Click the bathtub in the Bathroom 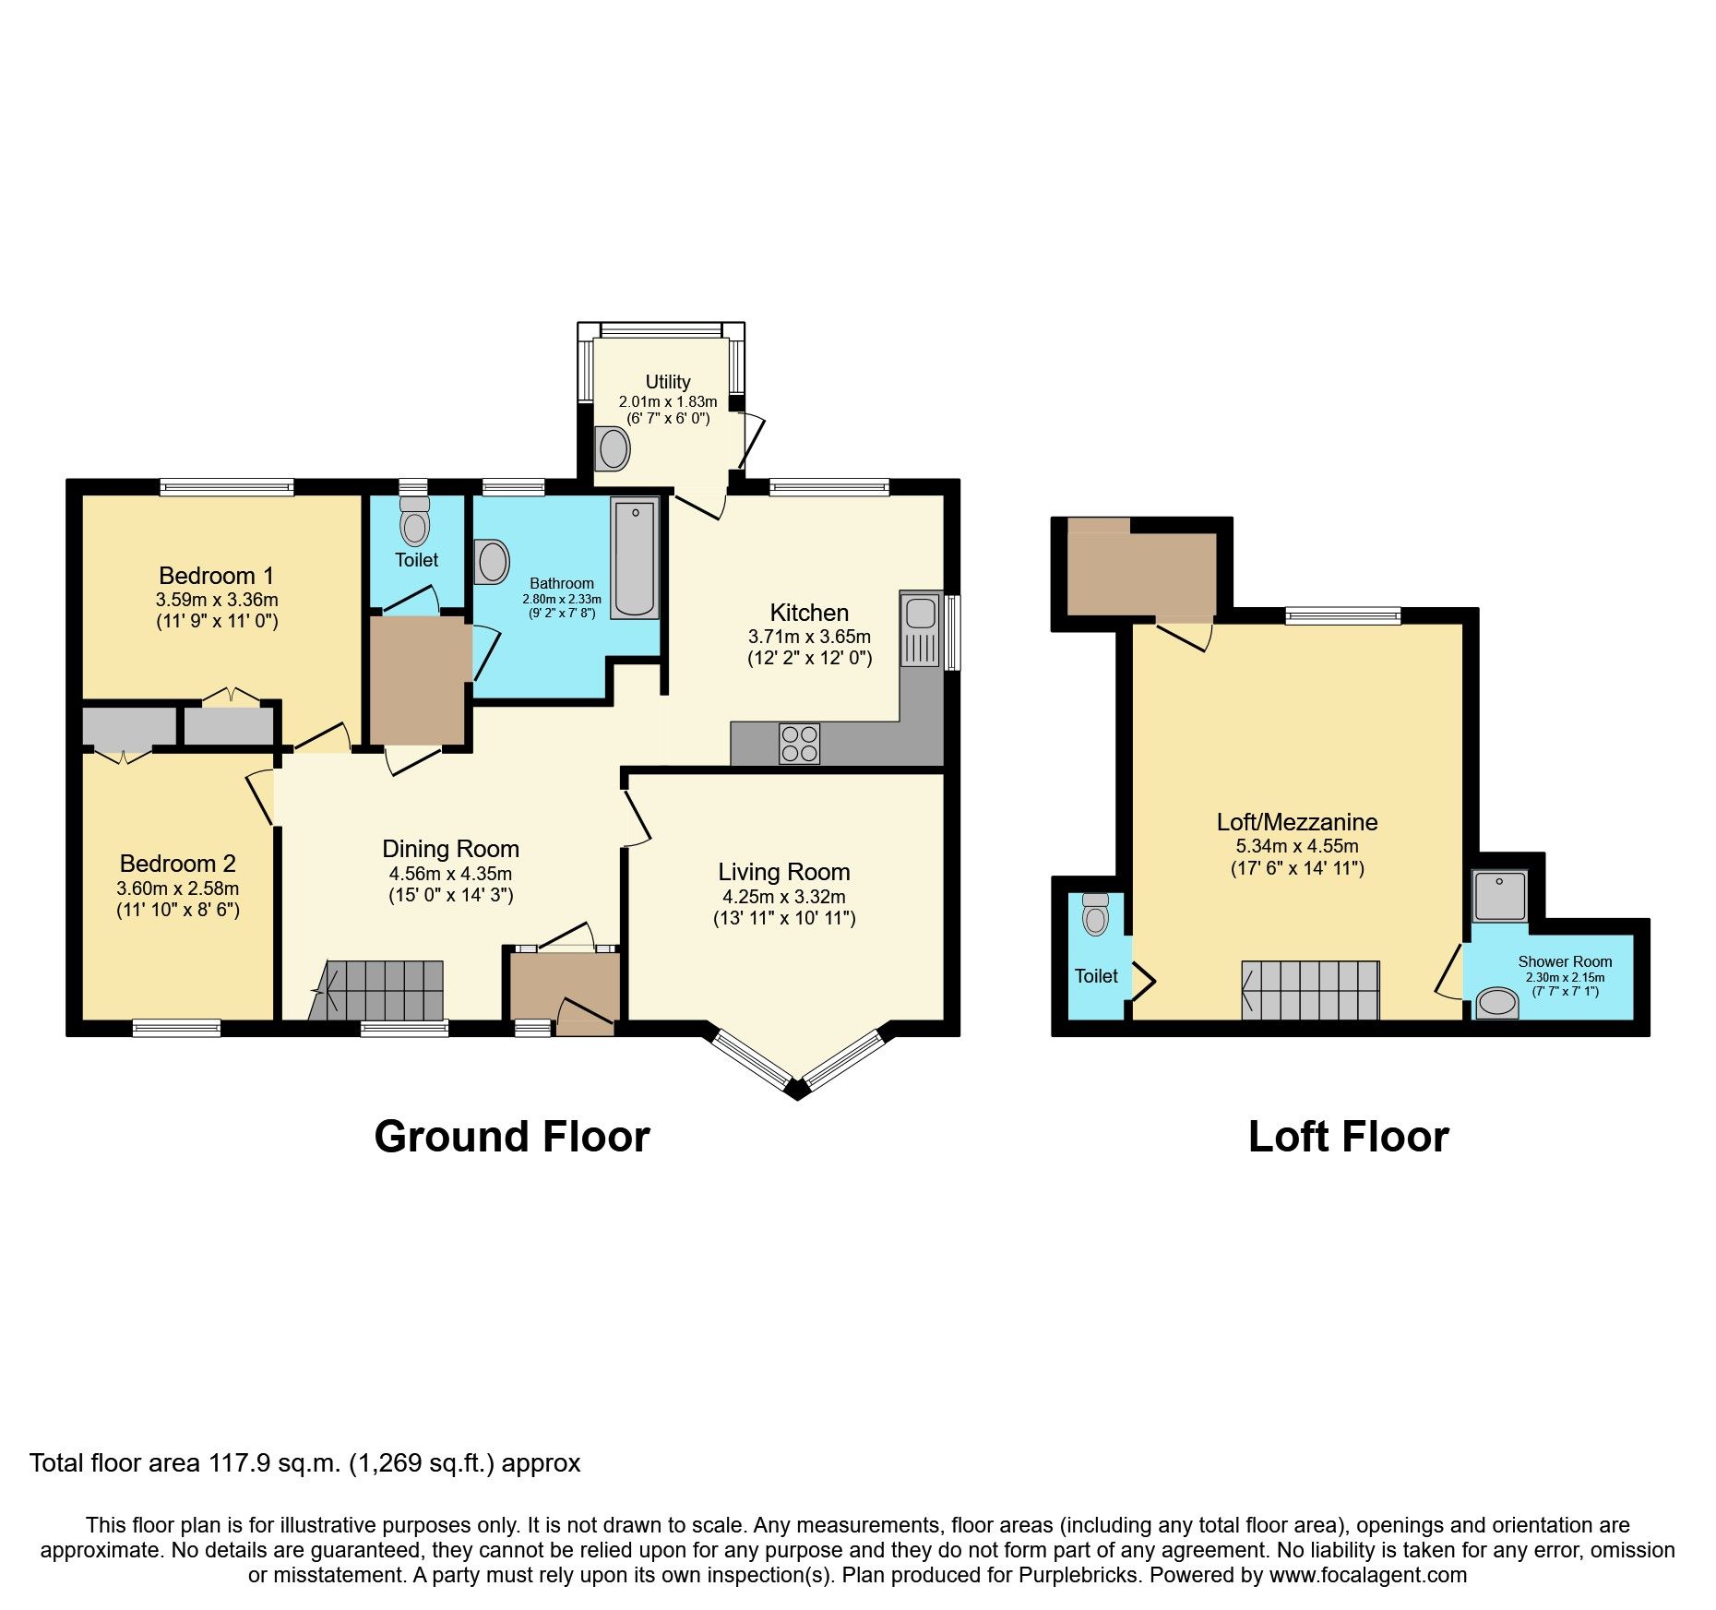(635, 557)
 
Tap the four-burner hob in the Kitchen (800, 744)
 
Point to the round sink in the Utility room (613, 449)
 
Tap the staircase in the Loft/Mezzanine (1311, 990)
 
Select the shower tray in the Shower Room (1500, 896)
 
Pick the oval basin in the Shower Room (1497, 1003)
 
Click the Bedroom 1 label (216, 576)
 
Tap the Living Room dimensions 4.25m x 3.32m (783, 897)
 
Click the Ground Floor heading (512, 1137)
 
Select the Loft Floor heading (1348, 1137)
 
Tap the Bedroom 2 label (177, 864)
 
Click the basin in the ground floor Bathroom (493, 561)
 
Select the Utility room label (668, 381)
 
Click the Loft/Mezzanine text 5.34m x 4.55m (1296, 846)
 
